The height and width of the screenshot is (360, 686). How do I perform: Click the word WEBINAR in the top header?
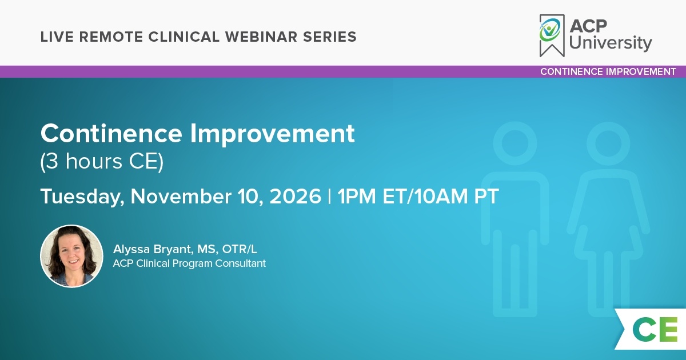261,37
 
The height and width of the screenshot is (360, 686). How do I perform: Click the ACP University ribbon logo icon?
552,35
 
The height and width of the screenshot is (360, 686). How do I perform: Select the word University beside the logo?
611,43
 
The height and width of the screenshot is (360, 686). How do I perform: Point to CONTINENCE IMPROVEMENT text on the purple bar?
608,71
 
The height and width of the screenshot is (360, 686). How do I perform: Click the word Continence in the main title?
111,133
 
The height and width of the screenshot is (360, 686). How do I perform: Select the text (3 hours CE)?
102,162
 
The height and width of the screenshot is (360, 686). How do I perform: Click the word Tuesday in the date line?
82,197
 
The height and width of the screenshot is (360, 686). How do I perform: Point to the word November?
181,196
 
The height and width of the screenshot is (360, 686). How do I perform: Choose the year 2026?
295,196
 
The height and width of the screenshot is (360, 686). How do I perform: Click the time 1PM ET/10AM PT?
418,196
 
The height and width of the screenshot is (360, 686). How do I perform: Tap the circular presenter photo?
71,256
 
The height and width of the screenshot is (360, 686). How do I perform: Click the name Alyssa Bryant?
153,250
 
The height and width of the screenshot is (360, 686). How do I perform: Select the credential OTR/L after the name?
240,249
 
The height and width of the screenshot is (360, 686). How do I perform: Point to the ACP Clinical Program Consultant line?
189,263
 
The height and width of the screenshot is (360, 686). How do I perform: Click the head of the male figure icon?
515,143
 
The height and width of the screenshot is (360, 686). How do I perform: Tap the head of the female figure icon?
608,143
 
